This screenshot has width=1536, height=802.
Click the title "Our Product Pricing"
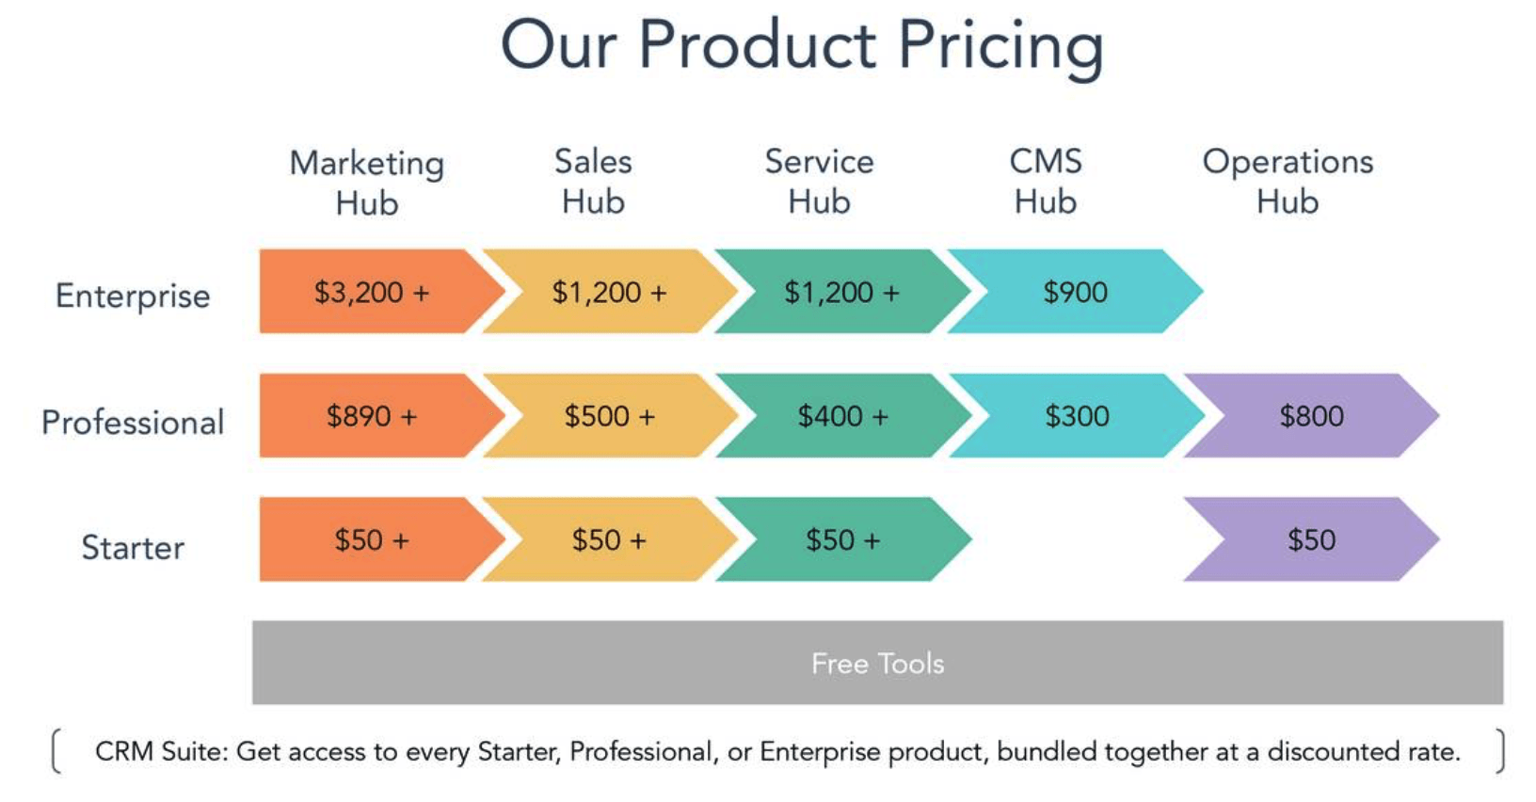point(801,45)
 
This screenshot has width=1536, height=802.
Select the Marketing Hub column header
point(367,183)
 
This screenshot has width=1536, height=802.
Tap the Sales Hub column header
point(593,182)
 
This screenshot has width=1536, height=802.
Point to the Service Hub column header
point(819,182)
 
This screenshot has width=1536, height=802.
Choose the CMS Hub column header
point(1046,182)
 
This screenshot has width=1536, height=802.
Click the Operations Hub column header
point(1288,182)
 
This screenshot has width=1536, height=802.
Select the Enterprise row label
point(133,296)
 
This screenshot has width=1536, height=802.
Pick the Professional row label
point(133,422)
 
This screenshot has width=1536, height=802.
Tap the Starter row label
point(133,547)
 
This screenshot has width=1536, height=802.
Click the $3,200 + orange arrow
point(372,292)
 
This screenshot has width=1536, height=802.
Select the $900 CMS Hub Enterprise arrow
point(1075,292)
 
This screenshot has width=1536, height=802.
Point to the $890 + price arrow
point(372,416)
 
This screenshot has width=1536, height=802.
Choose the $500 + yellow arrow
point(609,416)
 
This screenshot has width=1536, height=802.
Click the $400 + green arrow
point(842,416)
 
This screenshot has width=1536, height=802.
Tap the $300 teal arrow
point(1077,416)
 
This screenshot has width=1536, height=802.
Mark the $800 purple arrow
point(1311,416)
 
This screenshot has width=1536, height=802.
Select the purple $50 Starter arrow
point(1311,539)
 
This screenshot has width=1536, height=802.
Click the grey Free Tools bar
point(877,663)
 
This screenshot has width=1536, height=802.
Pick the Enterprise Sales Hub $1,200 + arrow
point(609,292)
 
